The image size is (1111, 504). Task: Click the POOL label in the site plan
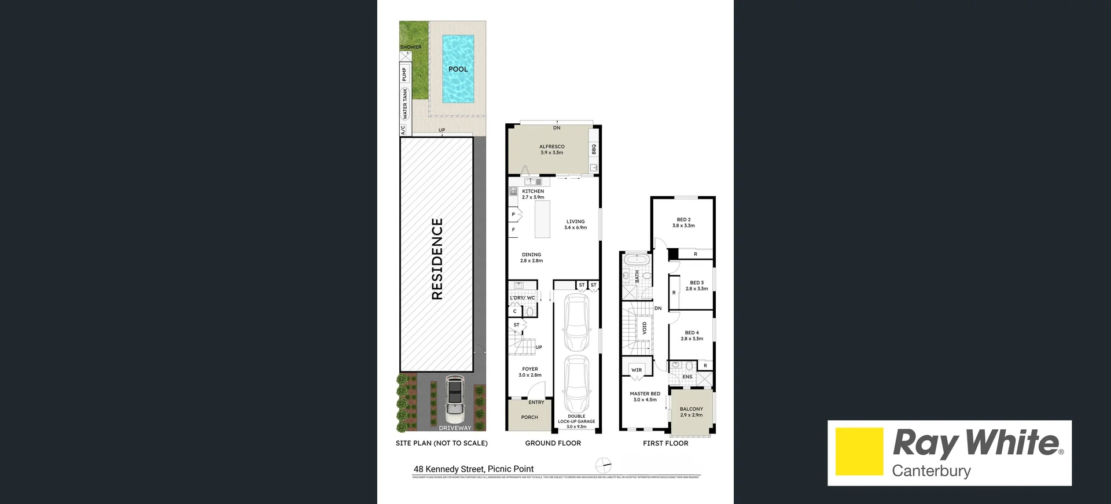tap(458, 69)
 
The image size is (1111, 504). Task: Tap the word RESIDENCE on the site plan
tap(437, 259)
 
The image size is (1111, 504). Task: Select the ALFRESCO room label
tap(551, 149)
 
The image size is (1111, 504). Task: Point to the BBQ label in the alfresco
tap(594, 149)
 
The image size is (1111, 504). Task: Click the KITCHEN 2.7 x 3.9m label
tap(533, 194)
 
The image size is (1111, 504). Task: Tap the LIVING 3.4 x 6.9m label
tap(575, 225)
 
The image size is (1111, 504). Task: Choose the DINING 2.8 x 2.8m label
tap(531, 257)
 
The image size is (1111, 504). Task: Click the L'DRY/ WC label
tap(522, 298)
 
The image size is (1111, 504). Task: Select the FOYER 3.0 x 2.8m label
tap(530, 372)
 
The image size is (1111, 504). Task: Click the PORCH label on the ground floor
tap(529, 417)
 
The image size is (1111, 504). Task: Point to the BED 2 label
tap(683, 223)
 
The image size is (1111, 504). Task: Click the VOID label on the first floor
tap(645, 329)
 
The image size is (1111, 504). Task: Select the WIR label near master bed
tap(637, 370)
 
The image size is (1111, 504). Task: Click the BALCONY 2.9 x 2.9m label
tap(691, 411)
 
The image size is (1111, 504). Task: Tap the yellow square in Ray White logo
tap(859, 451)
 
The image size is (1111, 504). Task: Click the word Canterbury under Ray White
tap(931, 470)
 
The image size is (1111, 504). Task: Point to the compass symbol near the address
tap(604, 465)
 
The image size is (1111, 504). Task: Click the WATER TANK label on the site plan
tap(405, 104)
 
